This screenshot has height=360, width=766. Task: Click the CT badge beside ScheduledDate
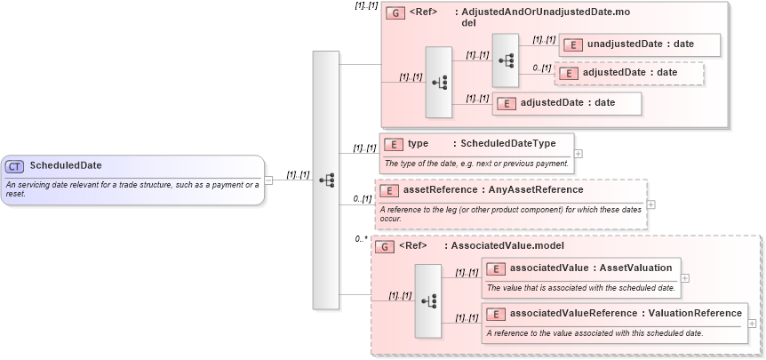[14, 165]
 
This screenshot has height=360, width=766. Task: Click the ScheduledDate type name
[66, 165]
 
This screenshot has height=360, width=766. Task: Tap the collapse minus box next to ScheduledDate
[269, 180]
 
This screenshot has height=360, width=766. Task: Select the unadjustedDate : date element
[627, 44]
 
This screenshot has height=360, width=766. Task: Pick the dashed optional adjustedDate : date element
[629, 73]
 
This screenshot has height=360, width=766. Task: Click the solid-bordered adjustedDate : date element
[566, 103]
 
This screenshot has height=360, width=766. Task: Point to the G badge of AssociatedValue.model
[385, 246]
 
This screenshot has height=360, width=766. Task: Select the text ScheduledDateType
[507, 143]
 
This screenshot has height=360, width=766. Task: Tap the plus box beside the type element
[578, 153]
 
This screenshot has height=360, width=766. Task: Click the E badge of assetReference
[388, 190]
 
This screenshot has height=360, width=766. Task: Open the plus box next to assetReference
[651, 204]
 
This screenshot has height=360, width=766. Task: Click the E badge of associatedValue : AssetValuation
[496, 268]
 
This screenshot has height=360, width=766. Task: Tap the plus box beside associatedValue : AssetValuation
[685, 278]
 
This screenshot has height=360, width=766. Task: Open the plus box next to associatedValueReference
[752, 324]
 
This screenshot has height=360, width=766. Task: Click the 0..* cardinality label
[361, 239]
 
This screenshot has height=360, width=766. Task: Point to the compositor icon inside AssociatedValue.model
[427, 301]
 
